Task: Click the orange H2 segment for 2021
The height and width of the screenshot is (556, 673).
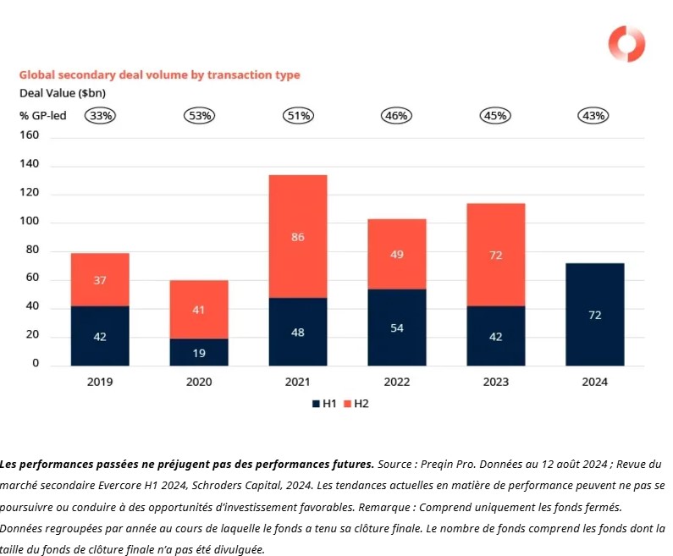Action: click(297, 236)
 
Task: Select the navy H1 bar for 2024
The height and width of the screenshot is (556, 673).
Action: click(594, 314)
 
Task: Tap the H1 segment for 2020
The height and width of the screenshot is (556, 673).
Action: click(199, 351)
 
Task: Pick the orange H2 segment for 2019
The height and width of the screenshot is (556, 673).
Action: click(100, 279)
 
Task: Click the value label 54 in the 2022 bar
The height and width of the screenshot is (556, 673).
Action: click(396, 328)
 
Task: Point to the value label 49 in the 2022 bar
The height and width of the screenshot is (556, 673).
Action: click(396, 254)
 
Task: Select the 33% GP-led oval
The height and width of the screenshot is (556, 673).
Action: click(100, 116)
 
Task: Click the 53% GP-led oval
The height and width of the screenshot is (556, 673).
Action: click(199, 116)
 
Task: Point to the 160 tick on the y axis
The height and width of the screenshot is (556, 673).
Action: click(30, 135)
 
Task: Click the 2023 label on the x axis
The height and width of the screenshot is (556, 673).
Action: click(495, 382)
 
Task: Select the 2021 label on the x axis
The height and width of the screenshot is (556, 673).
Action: click(297, 382)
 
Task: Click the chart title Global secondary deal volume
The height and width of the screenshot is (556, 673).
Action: click(160, 74)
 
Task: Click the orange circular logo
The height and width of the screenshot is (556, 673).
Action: click(627, 44)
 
